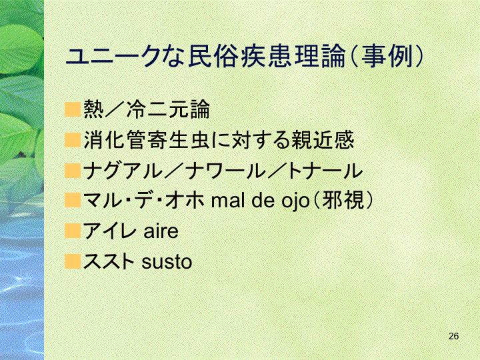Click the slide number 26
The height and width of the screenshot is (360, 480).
pyautogui.click(x=454, y=336)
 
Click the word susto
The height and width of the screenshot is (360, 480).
pyautogui.click(x=167, y=262)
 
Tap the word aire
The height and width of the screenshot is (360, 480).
pyautogui.click(x=161, y=231)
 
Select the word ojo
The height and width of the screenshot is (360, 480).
pyautogui.click(x=295, y=202)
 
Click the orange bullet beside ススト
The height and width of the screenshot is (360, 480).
pyautogui.click(x=73, y=261)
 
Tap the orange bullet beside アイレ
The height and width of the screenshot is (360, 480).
pyautogui.click(x=73, y=231)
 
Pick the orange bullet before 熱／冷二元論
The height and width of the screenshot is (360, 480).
pyautogui.click(x=73, y=109)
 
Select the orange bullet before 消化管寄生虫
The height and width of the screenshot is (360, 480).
pyautogui.click(x=73, y=139)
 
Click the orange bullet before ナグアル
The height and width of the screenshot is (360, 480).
pyautogui.click(x=73, y=170)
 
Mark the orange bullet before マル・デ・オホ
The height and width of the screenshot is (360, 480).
pyautogui.click(x=73, y=201)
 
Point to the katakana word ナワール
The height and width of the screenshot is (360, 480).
pyautogui.click(x=226, y=171)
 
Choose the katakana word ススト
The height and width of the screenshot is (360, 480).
pyautogui.click(x=109, y=261)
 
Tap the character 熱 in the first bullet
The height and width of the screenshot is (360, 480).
pyautogui.click(x=93, y=109)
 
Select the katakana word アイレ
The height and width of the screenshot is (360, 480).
pyautogui.click(x=108, y=231)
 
